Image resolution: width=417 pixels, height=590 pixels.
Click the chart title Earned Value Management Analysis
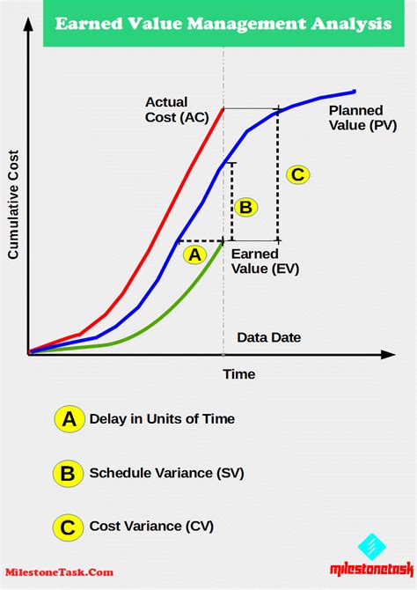pos(223,24)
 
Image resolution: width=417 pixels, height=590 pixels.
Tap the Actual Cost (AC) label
pos(177,109)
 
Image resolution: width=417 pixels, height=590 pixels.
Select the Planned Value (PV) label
pos(362,118)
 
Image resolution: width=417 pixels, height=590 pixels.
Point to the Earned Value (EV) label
pos(265,262)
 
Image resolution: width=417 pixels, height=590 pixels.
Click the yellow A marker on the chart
pos(194,254)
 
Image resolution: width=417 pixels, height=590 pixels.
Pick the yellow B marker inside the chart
pos(246,207)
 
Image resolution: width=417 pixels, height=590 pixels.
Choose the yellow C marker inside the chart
pos(298,174)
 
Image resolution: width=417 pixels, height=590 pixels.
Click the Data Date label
pos(269,337)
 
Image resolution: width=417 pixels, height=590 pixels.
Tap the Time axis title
pos(239,374)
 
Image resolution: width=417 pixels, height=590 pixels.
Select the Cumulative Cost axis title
pos(13,204)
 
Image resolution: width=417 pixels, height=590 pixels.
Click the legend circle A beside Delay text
pos(69,419)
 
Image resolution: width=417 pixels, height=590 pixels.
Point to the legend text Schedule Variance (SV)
pos(166,473)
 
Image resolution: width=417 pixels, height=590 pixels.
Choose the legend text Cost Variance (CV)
pos(151,526)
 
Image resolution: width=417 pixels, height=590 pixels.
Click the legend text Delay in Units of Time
pos(162,419)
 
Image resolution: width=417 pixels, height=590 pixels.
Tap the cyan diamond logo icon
pos(371,547)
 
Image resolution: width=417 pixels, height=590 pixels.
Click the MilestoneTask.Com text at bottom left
pos(60,572)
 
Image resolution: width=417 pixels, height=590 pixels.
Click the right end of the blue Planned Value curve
pos(355,91)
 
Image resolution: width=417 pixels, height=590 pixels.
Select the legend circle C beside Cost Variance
pos(68,527)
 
